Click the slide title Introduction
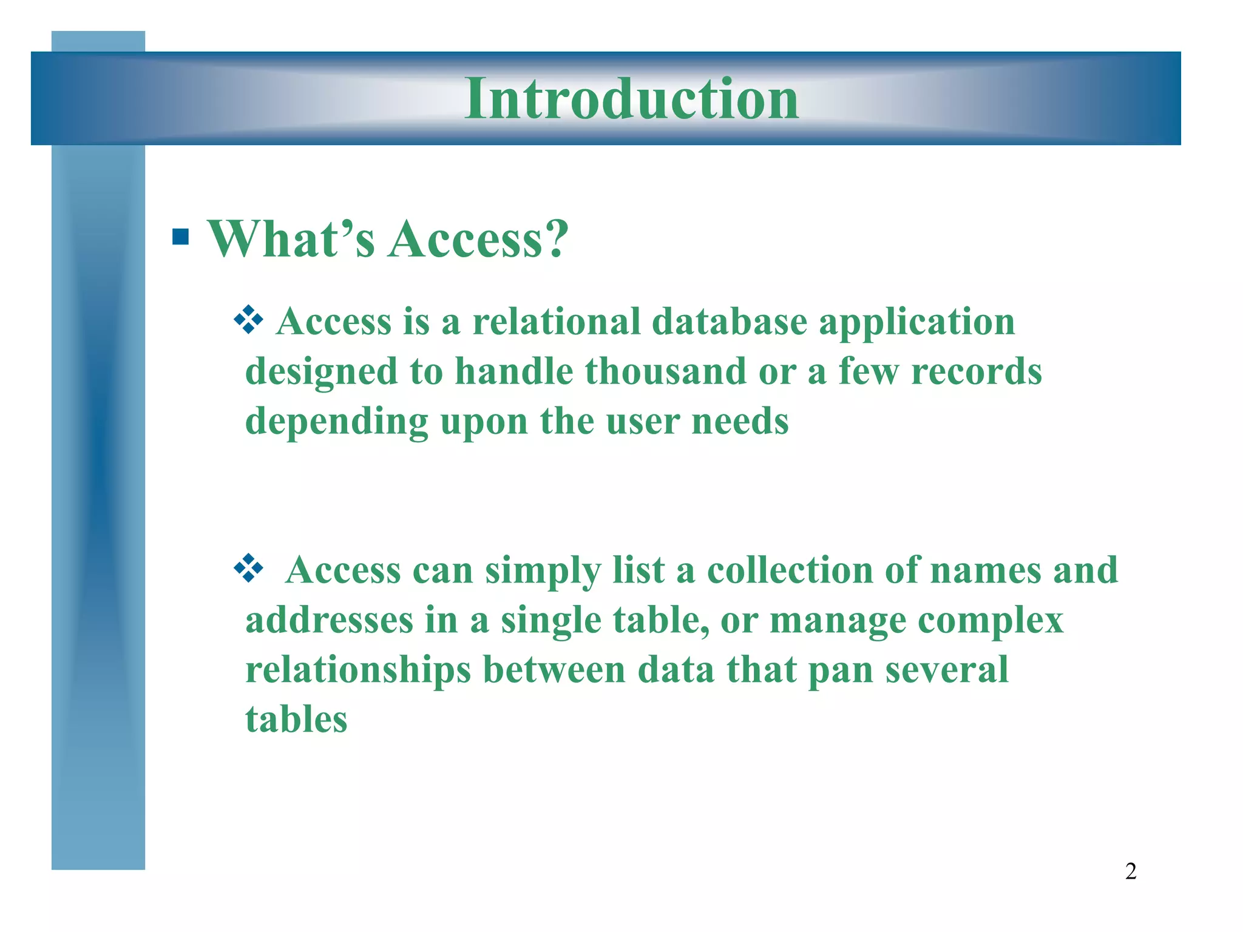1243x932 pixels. (631, 99)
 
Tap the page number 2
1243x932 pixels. (1131, 871)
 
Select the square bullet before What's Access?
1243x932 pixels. (180, 236)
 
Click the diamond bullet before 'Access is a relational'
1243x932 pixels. (249, 320)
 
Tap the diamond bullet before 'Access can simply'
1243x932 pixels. (249, 569)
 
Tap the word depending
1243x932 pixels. (336, 422)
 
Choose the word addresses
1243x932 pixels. (330, 620)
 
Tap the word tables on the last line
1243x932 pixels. (296, 720)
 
